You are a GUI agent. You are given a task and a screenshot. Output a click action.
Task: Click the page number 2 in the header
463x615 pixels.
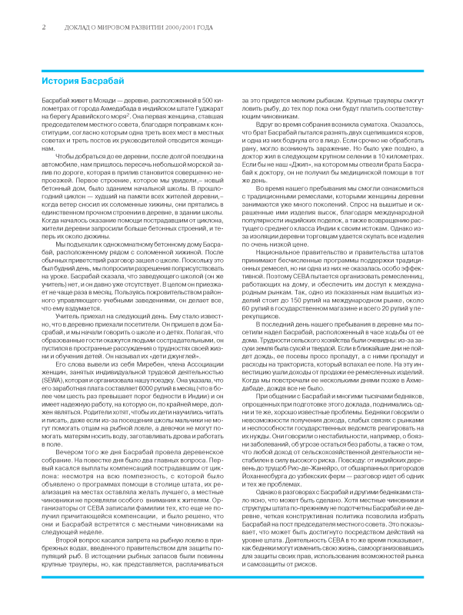[44, 27]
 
